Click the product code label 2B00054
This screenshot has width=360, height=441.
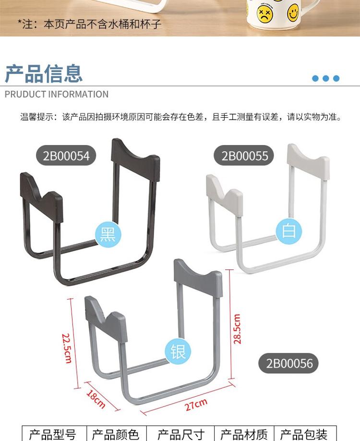click(66, 156)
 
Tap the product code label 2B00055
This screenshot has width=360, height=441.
click(244, 156)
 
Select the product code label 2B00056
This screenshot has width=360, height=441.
click(289, 363)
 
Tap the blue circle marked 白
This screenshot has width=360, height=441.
click(289, 231)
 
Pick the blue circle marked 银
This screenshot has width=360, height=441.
click(178, 351)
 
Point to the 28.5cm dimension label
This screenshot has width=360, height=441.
click(237, 329)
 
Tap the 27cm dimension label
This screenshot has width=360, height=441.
click(196, 405)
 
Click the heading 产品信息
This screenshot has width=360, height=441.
click(44, 73)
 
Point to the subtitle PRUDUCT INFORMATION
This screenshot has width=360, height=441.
click(57, 94)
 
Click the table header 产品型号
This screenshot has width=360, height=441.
click(53, 434)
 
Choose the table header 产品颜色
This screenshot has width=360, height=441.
click(115, 434)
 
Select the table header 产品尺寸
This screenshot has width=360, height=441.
click(181, 434)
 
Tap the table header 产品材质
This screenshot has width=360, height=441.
click(243, 434)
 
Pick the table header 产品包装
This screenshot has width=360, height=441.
click(304, 434)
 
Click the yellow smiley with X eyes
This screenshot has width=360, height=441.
click(264, 13)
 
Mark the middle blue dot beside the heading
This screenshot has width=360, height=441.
click(325, 78)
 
